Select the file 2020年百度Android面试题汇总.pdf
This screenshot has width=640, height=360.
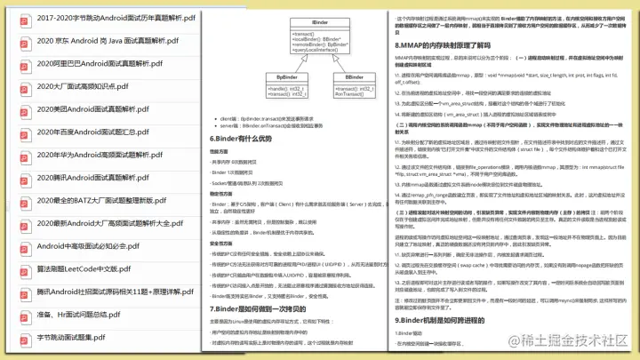click(x=99, y=132)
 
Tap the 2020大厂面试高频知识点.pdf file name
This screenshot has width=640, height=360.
click(x=92, y=86)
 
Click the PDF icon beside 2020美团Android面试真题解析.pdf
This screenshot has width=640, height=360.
click(x=21, y=109)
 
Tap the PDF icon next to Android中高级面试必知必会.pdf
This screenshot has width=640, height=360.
click(x=21, y=246)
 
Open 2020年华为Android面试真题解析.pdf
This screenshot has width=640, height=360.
click(x=100, y=155)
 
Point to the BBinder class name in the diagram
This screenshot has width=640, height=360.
click(x=353, y=77)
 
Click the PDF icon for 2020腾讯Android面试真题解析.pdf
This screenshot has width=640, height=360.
click(x=21, y=178)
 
